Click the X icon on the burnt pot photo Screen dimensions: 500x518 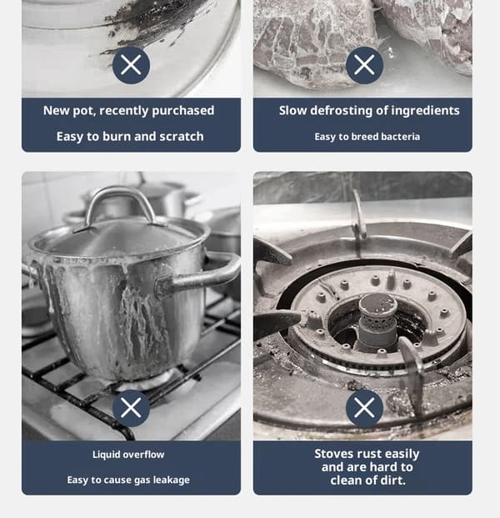131,65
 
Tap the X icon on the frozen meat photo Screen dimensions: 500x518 364,65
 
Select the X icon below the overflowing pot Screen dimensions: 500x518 131,408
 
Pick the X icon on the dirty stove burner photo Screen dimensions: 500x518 364,408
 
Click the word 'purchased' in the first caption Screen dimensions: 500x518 182,111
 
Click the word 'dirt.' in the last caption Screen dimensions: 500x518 393,480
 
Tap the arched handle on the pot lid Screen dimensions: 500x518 118,199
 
